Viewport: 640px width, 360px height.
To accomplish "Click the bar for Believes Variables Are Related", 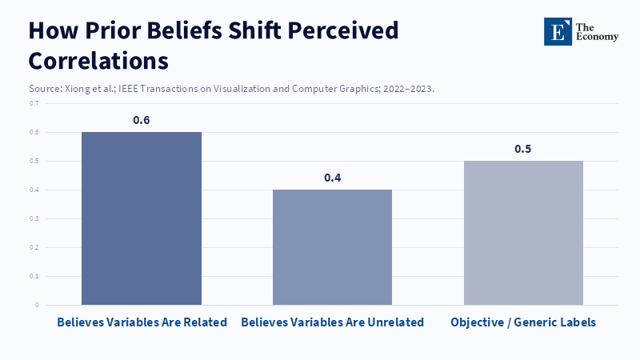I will (x=142, y=218).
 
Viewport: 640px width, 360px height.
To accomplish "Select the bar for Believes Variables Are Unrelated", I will (x=332, y=247).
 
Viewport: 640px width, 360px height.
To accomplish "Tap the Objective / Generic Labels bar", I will (x=523, y=233).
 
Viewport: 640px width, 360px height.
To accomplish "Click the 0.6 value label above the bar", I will (x=142, y=120).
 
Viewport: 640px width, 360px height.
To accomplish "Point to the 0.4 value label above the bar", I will (x=332, y=178).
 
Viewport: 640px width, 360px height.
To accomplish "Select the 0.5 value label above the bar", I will (x=523, y=149).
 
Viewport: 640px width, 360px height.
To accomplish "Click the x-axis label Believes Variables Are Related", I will (x=142, y=322).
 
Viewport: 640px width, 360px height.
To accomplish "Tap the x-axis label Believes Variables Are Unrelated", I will (x=332, y=322).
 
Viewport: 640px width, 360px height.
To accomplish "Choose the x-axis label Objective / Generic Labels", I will (x=523, y=322).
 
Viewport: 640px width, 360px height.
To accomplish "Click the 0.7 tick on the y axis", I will (x=34, y=103).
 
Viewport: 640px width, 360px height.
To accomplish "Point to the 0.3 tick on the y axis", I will (x=34, y=218).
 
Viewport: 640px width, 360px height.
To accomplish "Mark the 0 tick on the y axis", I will (x=36, y=305).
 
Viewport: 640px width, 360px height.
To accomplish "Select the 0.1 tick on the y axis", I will (x=34, y=276).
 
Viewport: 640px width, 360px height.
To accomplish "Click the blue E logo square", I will (x=558, y=31).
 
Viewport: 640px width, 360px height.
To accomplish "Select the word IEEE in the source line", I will (x=134, y=88).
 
